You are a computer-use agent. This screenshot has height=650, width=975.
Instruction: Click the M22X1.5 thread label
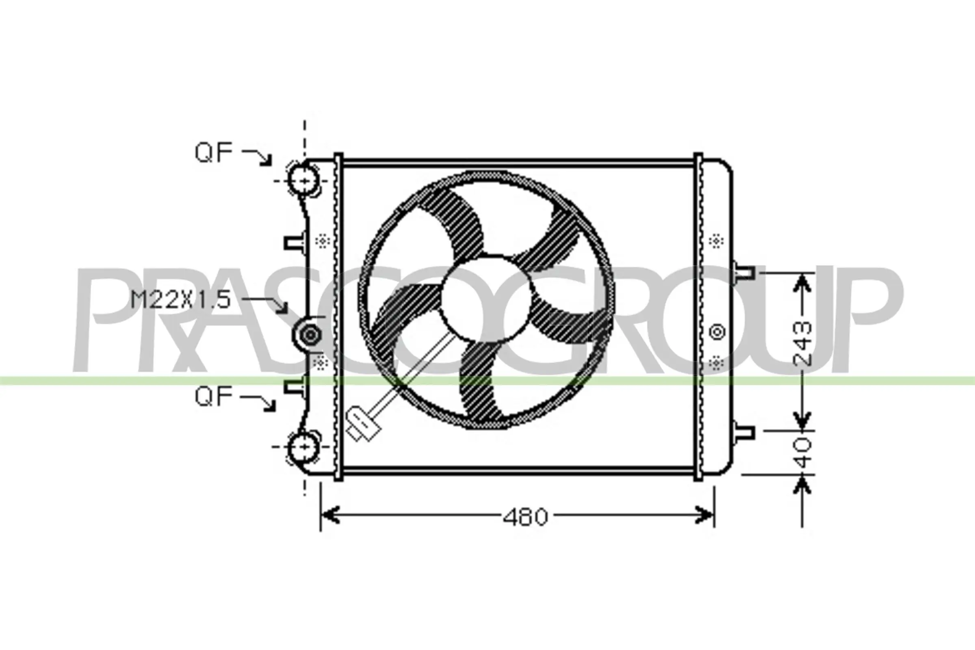pos(180,300)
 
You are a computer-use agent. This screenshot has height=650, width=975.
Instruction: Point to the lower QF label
pos(214,396)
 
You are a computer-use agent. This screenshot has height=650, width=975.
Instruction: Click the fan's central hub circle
pos(485,299)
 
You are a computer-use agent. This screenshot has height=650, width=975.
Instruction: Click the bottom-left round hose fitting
pos(304,446)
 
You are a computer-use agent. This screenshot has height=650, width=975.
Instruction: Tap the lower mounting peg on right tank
pos(744,432)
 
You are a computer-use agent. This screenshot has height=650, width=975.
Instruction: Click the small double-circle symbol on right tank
pos(717,332)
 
